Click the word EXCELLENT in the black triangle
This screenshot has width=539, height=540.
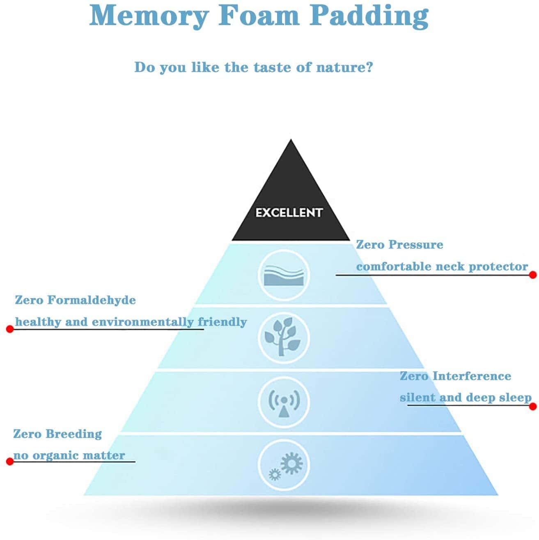pos(289,213)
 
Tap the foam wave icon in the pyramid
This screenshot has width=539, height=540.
pos(284,275)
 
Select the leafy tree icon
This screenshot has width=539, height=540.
pos(284,337)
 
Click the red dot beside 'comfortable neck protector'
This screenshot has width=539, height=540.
pos(533,275)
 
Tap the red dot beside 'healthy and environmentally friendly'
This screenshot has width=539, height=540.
pos(10,329)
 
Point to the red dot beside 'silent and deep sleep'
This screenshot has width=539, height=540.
pos(533,407)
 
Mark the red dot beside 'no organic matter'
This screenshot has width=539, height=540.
pos(10,462)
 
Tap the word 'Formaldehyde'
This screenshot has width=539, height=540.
pos(92,300)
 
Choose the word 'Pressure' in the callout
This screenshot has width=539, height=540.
pos(415,245)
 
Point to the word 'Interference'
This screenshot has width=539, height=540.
pos(472,376)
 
